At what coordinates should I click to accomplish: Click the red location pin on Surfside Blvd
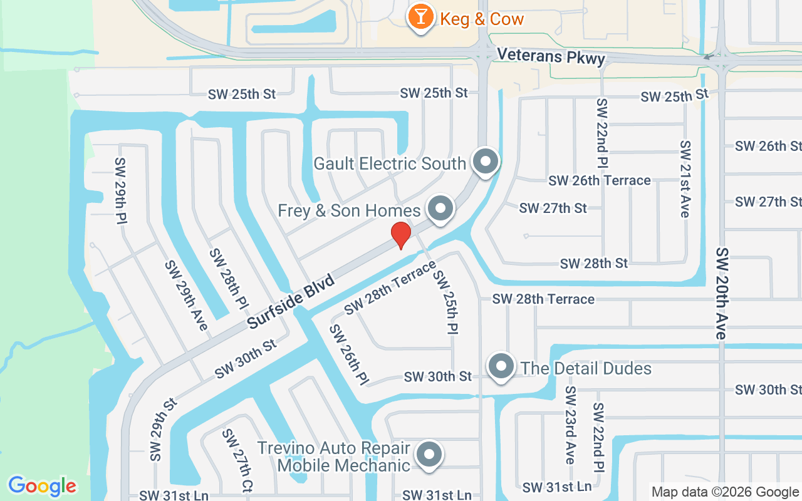[401, 235]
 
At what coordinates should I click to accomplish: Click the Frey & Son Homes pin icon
[440, 208]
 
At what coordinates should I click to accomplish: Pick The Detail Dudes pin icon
[501, 366]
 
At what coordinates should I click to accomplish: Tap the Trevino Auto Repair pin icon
[429, 455]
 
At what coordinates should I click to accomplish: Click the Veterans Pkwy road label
[551, 57]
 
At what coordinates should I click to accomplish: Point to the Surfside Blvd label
[291, 302]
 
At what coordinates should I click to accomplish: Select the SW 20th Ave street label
[722, 294]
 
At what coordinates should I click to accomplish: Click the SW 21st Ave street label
[685, 179]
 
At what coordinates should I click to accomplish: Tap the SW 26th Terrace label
[600, 180]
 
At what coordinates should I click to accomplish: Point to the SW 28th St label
[594, 264]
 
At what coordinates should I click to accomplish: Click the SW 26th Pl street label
[348, 355]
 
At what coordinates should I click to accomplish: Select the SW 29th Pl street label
[121, 191]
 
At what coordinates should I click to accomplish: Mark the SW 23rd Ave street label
[570, 425]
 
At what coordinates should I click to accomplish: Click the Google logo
[43, 486]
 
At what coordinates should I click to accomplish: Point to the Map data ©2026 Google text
[725, 492]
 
